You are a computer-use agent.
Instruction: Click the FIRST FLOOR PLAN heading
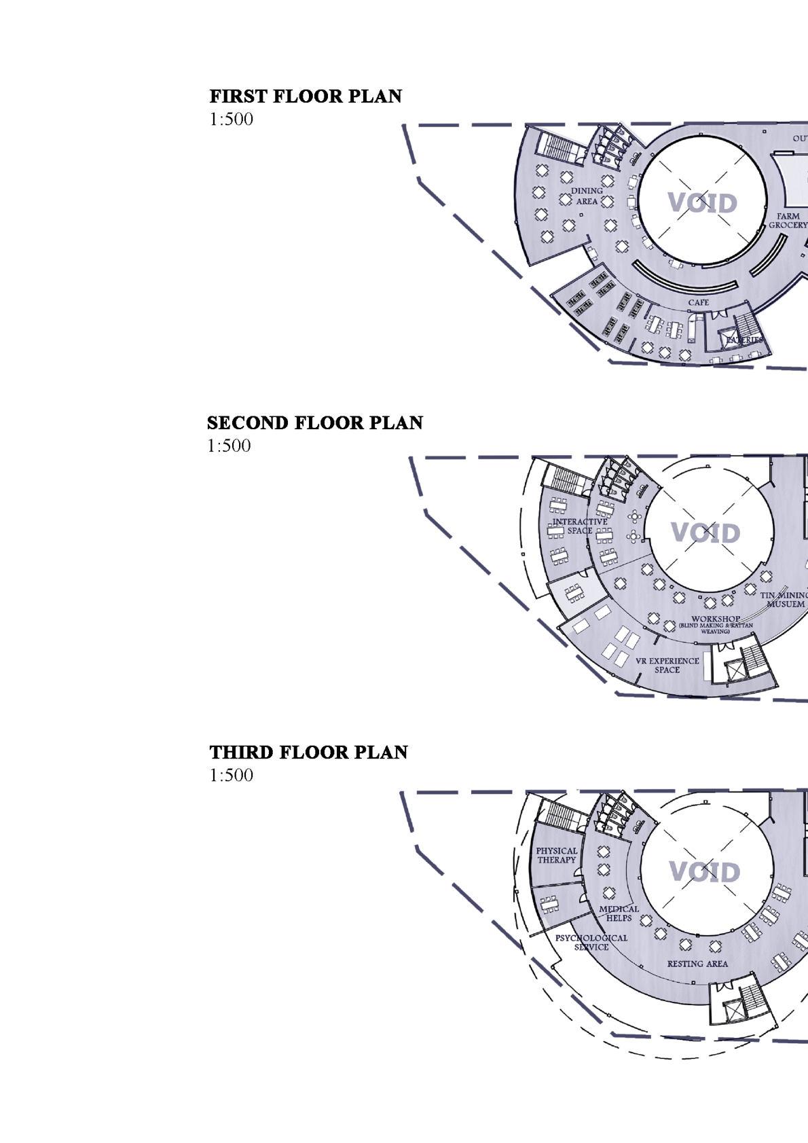(x=306, y=96)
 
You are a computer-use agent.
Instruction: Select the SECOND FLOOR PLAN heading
(x=314, y=423)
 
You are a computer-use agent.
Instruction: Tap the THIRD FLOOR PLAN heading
(x=308, y=752)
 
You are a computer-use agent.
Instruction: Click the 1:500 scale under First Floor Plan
(x=231, y=120)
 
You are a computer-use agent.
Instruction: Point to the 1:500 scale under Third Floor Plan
(x=231, y=776)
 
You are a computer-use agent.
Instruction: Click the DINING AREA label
(x=587, y=196)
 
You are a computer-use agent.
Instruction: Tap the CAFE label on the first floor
(x=698, y=302)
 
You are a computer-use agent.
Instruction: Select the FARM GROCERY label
(x=788, y=221)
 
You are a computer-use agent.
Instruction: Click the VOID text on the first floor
(x=702, y=203)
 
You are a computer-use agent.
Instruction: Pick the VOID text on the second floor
(x=706, y=533)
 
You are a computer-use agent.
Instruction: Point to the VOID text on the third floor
(x=704, y=871)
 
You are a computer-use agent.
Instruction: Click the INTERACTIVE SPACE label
(x=580, y=526)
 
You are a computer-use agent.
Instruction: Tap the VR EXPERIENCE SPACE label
(x=667, y=665)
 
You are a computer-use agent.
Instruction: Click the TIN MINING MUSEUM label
(x=786, y=600)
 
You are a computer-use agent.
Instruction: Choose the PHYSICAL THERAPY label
(x=557, y=855)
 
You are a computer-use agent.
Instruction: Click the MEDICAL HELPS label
(x=619, y=913)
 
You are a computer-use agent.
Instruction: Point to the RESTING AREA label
(x=697, y=964)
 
